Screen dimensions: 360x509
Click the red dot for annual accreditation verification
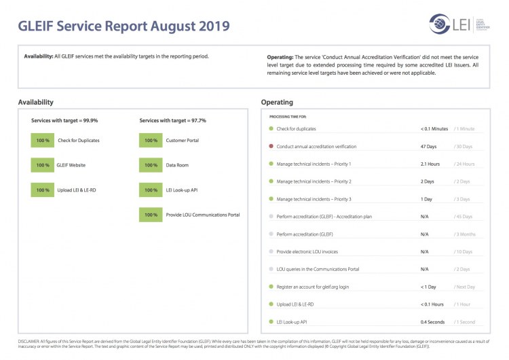(271, 146)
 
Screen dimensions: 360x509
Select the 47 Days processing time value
(429, 146)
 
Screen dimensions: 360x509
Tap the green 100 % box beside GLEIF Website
(43, 165)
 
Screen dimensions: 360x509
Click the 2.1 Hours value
(430, 164)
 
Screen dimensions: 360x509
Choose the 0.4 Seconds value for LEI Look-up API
(433, 321)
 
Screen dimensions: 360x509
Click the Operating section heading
(277, 102)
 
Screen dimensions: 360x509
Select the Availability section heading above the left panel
(36, 102)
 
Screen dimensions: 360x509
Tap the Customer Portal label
(183, 141)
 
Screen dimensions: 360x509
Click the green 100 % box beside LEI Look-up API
(151, 190)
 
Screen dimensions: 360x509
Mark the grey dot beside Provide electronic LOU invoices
(271, 251)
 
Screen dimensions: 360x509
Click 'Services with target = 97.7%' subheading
(172, 120)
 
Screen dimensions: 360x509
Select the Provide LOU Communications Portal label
(203, 215)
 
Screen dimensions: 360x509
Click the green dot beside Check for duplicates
(271, 128)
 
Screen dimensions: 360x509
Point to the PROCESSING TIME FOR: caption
(288, 117)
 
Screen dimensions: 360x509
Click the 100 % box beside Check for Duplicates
(43, 141)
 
